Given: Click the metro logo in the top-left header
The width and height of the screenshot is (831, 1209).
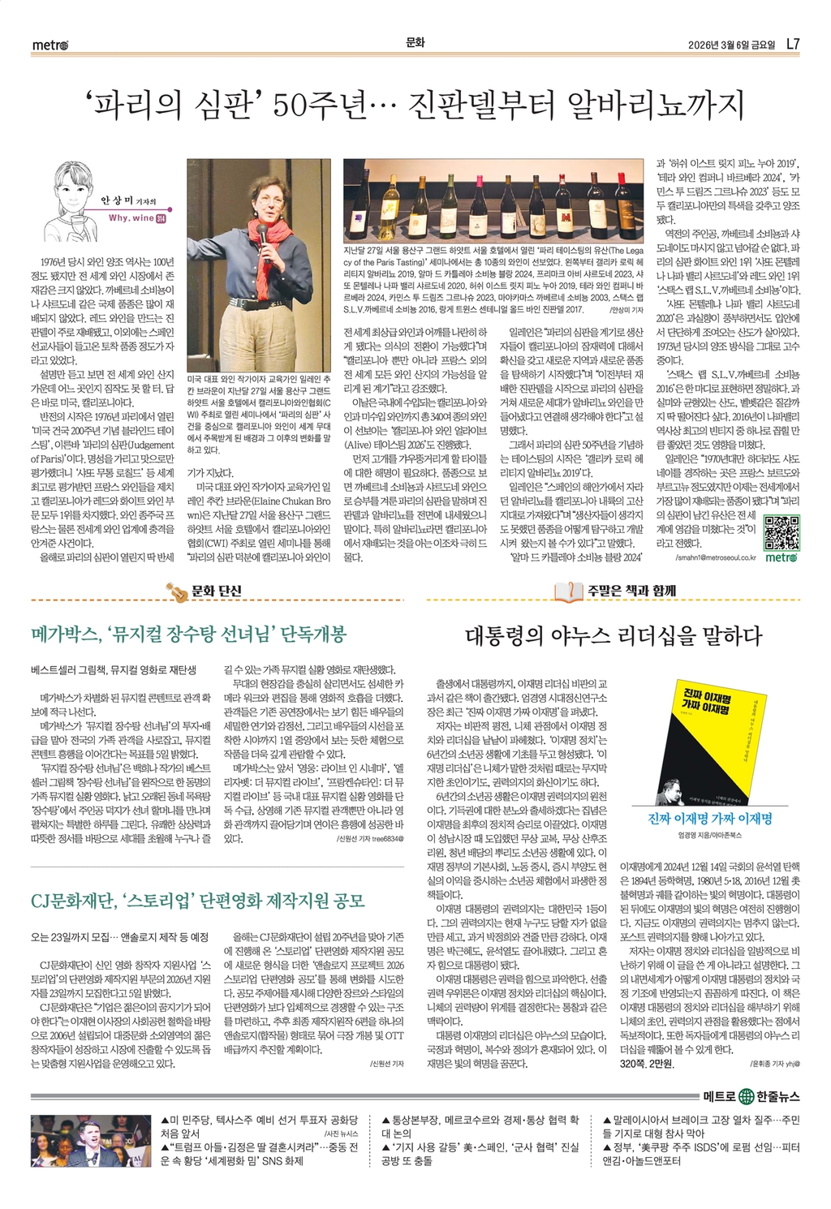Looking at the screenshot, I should pyautogui.click(x=50, y=45).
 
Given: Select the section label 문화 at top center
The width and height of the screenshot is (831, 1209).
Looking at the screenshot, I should pyautogui.click(x=415, y=42).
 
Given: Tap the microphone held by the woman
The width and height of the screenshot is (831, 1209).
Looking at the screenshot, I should pyautogui.click(x=261, y=231).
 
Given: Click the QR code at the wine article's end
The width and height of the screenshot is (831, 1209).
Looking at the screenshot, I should pyautogui.click(x=781, y=531).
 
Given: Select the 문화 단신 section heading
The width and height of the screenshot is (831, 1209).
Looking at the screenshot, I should pyautogui.click(x=216, y=591).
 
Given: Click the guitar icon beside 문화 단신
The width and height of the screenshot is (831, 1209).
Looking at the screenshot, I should pyautogui.click(x=176, y=592).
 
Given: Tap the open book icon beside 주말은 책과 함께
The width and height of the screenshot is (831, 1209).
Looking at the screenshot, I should pyautogui.click(x=568, y=592).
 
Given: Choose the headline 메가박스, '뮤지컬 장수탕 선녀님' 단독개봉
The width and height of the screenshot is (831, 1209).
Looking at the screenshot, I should pyautogui.click(x=188, y=634).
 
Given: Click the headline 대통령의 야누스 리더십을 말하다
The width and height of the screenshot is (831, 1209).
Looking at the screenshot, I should pyautogui.click(x=614, y=635).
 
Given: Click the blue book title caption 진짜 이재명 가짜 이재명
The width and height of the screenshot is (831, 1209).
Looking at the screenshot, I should pyautogui.click(x=710, y=819).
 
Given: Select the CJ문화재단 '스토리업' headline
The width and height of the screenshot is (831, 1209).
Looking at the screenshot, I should pyautogui.click(x=198, y=900).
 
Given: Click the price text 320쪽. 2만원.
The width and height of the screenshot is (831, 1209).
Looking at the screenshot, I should pyautogui.click(x=647, y=1063).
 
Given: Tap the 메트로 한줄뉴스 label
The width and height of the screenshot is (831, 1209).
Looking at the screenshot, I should pyautogui.click(x=751, y=1097).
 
